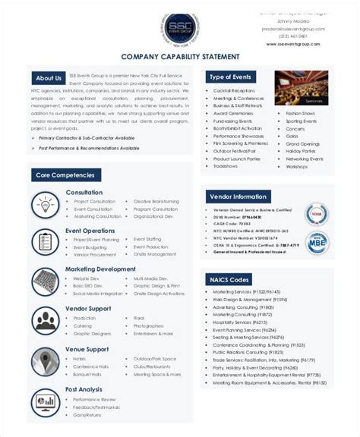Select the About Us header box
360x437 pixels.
point(49,78)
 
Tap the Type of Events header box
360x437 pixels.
point(231,77)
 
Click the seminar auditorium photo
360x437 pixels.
point(301,88)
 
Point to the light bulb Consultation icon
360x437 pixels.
point(46,204)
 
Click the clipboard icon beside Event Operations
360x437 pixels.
point(46,241)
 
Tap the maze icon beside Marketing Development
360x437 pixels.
point(46,280)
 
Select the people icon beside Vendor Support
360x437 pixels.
point(46,319)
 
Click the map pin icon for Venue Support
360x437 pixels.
point(46,360)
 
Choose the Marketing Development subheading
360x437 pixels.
point(100,269)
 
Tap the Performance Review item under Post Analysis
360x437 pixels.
point(94,398)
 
